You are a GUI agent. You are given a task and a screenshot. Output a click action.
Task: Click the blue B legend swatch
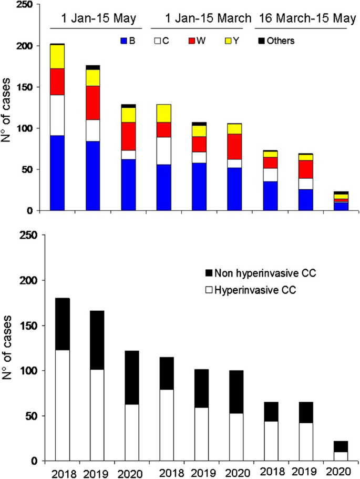(x=125, y=40)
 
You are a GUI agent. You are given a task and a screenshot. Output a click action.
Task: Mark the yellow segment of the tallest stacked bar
(x=64, y=56)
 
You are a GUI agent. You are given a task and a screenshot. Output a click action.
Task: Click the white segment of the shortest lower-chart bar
(x=341, y=456)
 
